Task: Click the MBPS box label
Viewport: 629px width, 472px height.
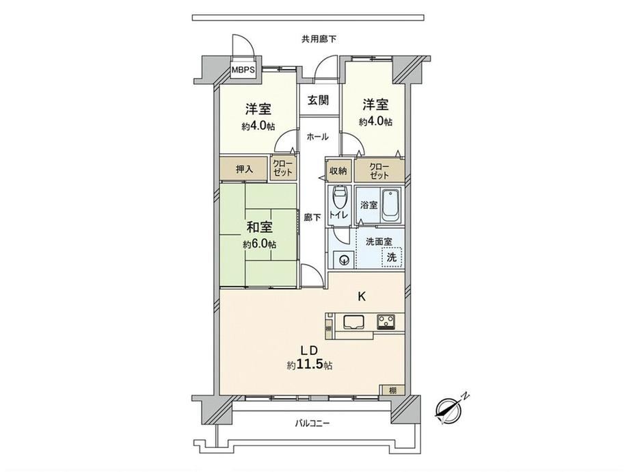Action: (243, 70)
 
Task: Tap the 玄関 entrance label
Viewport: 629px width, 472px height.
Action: (319, 101)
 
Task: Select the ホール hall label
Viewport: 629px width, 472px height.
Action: (318, 137)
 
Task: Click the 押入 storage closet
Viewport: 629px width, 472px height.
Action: (243, 169)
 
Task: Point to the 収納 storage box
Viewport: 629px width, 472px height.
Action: (338, 170)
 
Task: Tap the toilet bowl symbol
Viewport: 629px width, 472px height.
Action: (340, 198)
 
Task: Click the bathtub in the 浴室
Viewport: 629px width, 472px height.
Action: (390, 205)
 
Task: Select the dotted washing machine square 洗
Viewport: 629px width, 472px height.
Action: (392, 257)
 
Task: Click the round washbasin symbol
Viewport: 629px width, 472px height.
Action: (343, 259)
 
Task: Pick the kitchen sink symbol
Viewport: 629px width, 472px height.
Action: (353, 322)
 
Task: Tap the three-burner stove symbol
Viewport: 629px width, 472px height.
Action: (386, 322)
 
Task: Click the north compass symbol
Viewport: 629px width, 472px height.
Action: (450, 409)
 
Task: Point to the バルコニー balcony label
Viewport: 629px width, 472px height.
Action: (312, 423)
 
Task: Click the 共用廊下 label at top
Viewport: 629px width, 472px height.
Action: (319, 40)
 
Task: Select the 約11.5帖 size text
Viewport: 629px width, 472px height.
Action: (310, 365)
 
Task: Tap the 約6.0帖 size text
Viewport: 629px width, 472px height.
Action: (259, 244)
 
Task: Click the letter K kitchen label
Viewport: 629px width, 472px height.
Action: (362, 297)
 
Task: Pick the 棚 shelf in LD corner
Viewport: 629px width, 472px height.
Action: (392, 390)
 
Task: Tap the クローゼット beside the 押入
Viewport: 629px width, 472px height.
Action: (283, 168)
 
